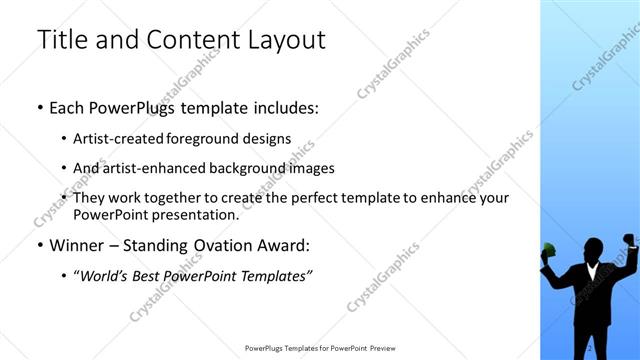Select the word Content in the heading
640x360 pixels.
click(x=189, y=39)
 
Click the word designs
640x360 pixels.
click(x=268, y=139)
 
